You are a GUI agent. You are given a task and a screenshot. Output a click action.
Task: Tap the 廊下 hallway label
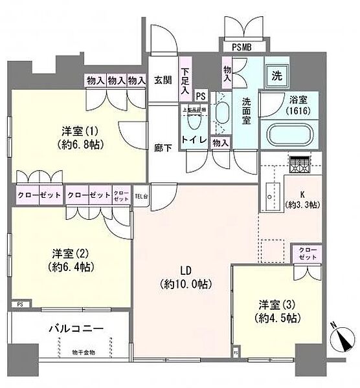click(x=162, y=147)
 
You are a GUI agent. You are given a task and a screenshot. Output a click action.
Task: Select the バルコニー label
click(x=76, y=329)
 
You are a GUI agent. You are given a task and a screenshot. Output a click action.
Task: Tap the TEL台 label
click(x=141, y=193)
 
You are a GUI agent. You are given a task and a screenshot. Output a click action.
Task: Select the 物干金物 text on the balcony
click(x=82, y=352)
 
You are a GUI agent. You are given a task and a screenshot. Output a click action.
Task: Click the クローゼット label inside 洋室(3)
click(x=306, y=253)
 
